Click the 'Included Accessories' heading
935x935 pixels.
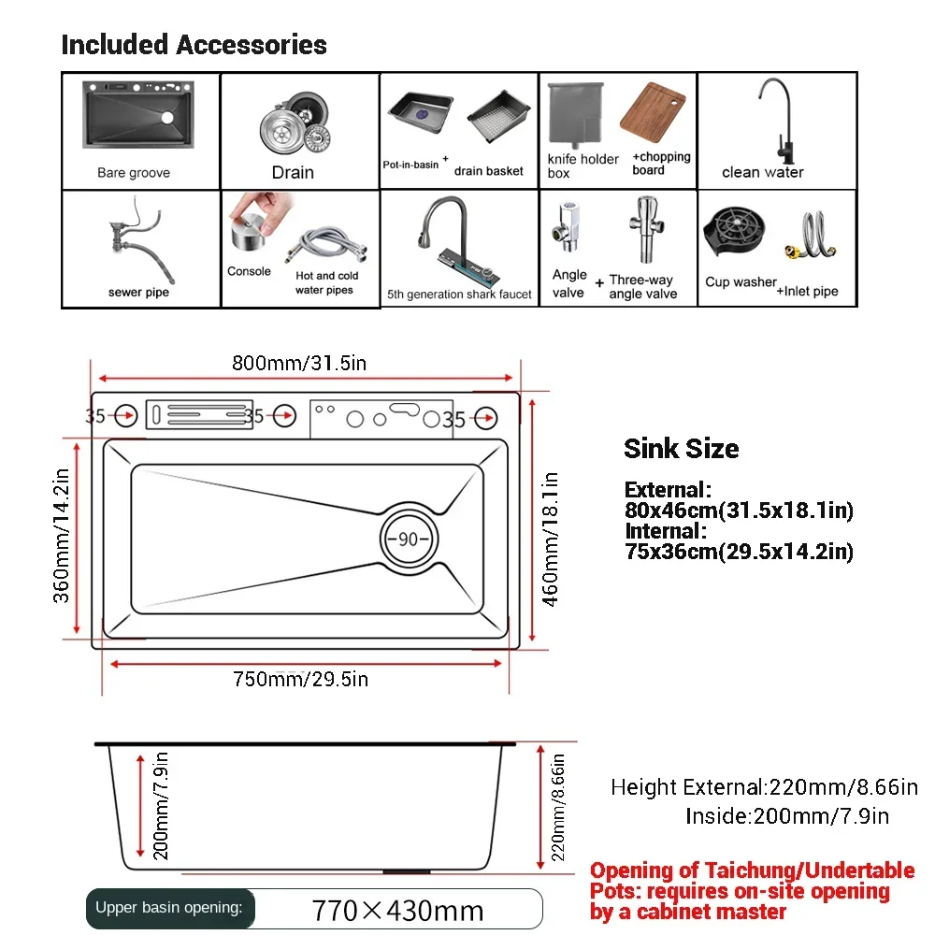194,45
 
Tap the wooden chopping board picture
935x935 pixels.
654,113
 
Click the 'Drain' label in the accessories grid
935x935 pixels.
293,172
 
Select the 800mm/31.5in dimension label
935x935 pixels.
299,364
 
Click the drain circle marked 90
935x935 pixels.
408,539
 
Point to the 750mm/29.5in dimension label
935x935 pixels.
301,680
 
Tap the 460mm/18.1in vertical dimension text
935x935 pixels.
552,539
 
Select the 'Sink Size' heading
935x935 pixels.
681,449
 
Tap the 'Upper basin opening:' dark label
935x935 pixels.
168,907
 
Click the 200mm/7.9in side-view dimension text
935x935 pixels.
160,806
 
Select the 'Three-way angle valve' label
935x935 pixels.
642,286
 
